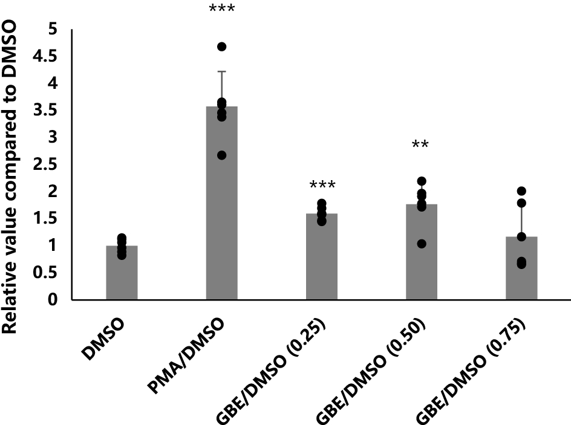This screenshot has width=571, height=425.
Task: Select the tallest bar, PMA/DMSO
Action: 221,206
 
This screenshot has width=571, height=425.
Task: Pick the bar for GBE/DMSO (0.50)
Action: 421,254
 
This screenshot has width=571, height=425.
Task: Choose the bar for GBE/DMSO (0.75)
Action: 521,269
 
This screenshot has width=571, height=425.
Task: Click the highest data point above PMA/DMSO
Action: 222,47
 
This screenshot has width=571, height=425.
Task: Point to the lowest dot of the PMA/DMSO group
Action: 222,155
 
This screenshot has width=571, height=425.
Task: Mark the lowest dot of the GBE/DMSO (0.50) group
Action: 422,244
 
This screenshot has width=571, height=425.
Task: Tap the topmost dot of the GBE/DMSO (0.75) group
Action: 521,191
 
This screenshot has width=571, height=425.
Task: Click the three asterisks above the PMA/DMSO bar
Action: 221,10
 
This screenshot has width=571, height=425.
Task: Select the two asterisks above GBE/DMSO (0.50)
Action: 421,144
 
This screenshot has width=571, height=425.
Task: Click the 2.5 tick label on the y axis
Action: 48,164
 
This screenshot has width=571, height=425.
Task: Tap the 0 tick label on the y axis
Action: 53,300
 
